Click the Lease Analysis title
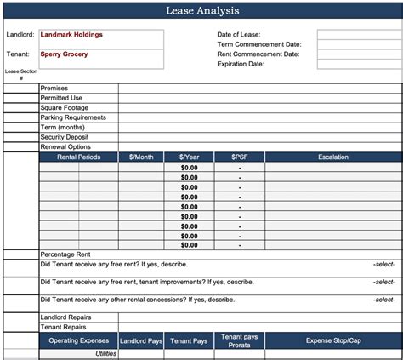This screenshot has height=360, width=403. (x=201, y=11)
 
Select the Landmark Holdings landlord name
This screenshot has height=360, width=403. (x=71, y=35)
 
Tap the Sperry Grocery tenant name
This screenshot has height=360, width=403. (x=64, y=54)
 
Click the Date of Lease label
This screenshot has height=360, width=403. (x=239, y=35)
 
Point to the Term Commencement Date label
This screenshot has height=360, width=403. (x=258, y=44)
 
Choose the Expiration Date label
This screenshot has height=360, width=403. (x=241, y=64)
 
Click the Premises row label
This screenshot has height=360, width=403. (x=54, y=89)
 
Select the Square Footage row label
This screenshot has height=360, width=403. (x=65, y=108)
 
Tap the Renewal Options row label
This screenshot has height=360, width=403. (x=65, y=147)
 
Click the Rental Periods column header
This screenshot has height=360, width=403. (x=78, y=157)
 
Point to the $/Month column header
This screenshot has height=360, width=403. (x=142, y=157)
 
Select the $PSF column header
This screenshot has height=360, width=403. (x=240, y=157)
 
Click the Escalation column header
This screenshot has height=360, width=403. (x=333, y=157)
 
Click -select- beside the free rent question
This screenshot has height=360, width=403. (x=383, y=265)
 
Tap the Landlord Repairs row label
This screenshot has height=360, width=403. (x=66, y=317)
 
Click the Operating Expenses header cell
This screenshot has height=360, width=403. (x=78, y=340)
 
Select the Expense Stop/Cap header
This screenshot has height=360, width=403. (x=333, y=340)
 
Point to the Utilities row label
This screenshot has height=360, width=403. (x=105, y=353)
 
